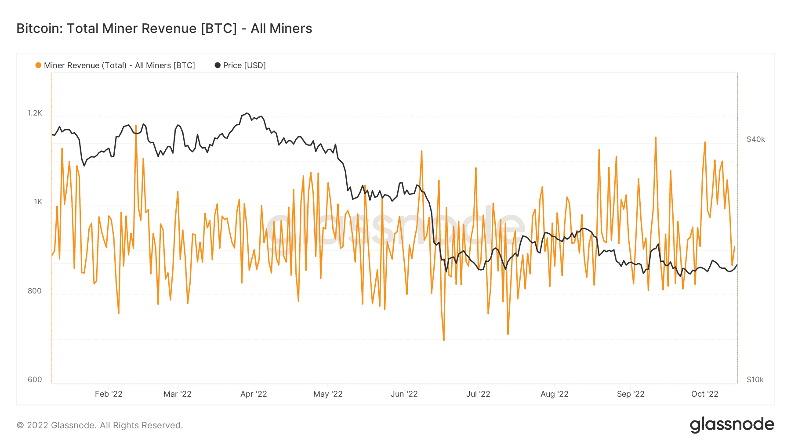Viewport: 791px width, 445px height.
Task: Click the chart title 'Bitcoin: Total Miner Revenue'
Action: (x=164, y=29)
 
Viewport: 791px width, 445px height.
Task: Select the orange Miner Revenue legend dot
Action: (x=38, y=65)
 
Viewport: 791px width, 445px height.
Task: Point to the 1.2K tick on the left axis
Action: (x=35, y=113)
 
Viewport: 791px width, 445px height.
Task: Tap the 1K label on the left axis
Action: (x=38, y=202)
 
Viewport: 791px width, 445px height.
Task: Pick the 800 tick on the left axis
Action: (x=35, y=291)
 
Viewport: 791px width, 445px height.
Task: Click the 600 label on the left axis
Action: (x=35, y=380)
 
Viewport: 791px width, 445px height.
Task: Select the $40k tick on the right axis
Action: (x=756, y=139)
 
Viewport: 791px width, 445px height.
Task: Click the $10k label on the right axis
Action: (x=755, y=380)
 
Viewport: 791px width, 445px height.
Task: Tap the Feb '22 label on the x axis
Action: (x=109, y=394)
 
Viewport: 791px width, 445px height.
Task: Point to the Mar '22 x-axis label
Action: (x=178, y=394)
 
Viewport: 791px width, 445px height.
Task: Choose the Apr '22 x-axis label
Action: (x=254, y=394)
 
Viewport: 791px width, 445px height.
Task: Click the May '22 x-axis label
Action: (x=328, y=394)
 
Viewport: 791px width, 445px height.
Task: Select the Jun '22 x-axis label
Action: (x=404, y=394)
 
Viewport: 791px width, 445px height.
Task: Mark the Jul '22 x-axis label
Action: (x=478, y=394)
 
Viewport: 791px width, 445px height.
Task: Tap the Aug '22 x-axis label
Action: (x=555, y=394)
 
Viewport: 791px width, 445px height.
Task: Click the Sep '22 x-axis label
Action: (x=631, y=394)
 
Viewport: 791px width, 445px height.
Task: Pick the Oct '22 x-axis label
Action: (x=705, y=394)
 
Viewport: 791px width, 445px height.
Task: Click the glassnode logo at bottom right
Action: (x=732, y=425)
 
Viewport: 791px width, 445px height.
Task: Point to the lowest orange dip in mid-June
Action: (x=444, y=340)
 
